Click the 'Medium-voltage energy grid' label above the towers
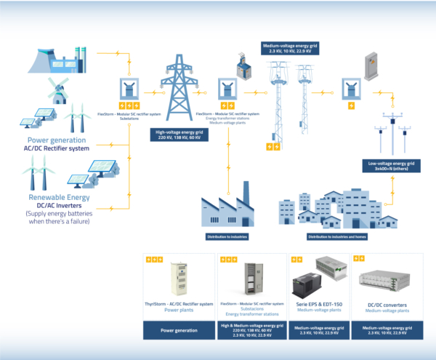click(x=289, y=49)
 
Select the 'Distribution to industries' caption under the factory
click(x=231, y=236)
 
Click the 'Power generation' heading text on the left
click(x=57, y=140)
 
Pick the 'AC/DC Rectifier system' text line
click(x=57, y=148)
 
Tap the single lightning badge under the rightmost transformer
click(x=352, y=106)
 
